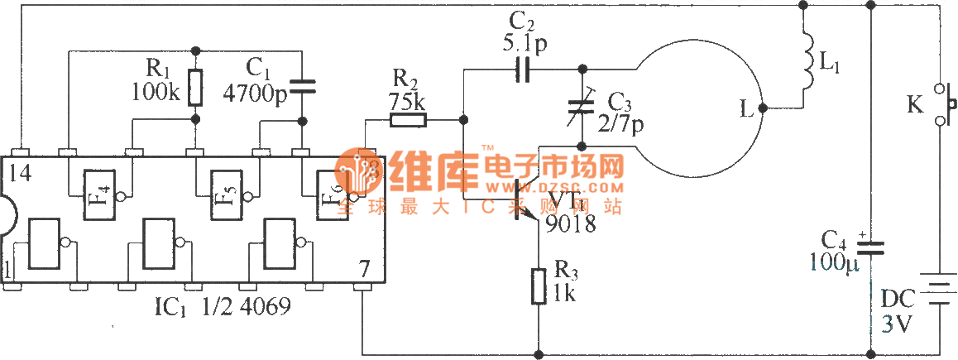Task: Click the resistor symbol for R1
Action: pos(195,88)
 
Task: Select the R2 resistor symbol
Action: pos(407,121)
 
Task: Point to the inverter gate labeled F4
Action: pos(100,195)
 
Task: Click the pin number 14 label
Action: pos(22,174)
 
